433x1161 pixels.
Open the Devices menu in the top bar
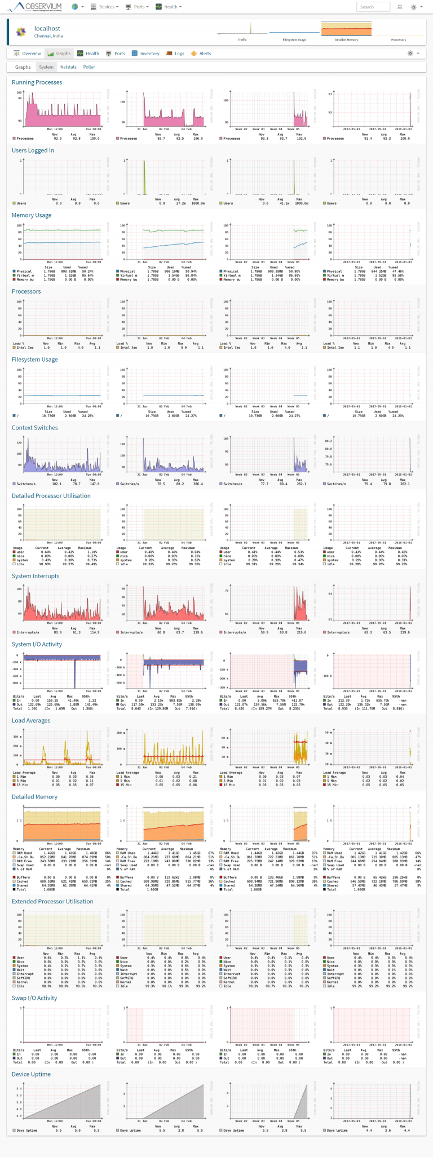point(106,7)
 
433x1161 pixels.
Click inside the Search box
point(373,7)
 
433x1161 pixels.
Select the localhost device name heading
point(47,28)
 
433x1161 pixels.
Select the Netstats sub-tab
point(68,67)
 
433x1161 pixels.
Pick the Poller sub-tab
point(89,67)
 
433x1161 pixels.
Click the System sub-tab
point(46,67)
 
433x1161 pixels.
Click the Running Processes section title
point(37,82)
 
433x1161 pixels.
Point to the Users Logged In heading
point(33,150)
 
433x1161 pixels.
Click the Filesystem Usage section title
point(35,360)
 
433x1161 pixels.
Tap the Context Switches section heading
point(35,428)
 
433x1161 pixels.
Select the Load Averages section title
point(31,720)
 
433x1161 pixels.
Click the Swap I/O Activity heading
point(34,998)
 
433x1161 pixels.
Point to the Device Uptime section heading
point(32,1074)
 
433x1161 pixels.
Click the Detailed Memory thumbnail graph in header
point(346,29)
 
